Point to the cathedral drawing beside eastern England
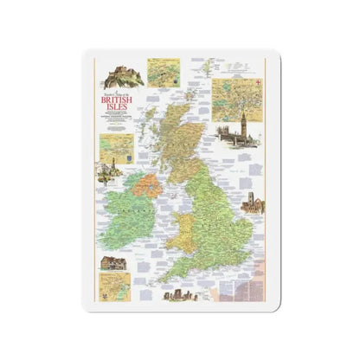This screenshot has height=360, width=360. click(254, 205)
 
